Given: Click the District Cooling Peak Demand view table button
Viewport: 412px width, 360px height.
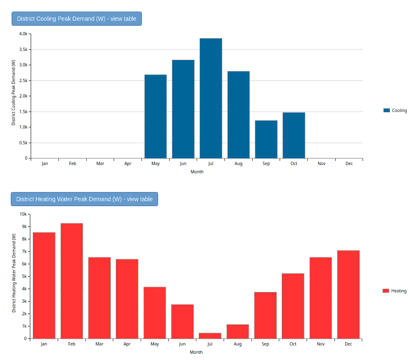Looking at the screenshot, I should [x=77, y=19].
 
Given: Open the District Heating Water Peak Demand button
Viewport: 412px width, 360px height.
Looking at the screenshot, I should [x=84, y=199].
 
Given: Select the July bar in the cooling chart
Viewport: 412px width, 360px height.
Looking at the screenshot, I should [x=211, y=98].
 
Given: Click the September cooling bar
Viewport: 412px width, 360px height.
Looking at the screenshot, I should [x=266, y=139].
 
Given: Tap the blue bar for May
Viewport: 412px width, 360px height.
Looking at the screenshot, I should [x=156, y=117].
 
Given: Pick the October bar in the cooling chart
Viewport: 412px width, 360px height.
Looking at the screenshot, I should [x=294, y=135].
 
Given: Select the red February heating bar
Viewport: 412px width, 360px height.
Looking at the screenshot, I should [x=72, y=281].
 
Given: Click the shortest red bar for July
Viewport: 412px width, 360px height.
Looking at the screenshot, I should [x=210, y=336].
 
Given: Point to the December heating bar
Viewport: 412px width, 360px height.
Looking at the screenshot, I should [x=348, y=294].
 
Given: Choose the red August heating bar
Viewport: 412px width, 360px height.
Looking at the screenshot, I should [x=238, y=331].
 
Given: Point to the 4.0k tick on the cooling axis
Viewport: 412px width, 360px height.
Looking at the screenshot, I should [x=24, y=34].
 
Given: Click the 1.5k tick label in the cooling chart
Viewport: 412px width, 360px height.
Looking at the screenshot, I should [x=24, y=112].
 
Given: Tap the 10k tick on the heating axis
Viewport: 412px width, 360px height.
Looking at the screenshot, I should [x=23, y=214].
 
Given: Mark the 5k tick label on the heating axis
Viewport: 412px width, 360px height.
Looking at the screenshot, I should [x=24, y=277].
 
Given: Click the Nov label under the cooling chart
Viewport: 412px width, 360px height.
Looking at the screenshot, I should [x=322, y=164].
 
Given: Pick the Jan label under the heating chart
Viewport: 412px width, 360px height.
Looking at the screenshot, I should [x=44, y=344].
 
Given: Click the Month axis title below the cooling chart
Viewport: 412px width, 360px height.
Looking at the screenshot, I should [x=197, y=172].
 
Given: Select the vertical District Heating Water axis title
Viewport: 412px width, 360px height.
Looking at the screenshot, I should [x=14, y=274].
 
